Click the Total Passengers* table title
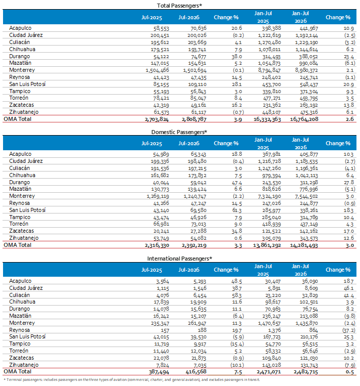coord(179,6)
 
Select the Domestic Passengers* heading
coord(179,132)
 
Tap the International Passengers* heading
coord(180,259)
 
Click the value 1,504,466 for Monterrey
coord(157,70)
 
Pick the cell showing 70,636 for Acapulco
coord(197,28)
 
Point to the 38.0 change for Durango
coord(236,57)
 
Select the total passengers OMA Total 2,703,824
coord(157,119)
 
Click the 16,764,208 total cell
coord(304,119)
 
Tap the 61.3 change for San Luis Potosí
coord(236,210)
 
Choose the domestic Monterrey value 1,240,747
coord(194,196)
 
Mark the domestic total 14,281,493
coord(304,245)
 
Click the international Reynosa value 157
coord(166,330)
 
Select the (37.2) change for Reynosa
coord(349,330)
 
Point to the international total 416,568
coord(196,372)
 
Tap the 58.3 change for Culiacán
coord(236,295)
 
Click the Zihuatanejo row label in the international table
coord(24,365)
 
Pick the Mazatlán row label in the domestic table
coord(20,189)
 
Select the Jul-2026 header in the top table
coord(189,18)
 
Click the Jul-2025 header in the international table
coord(151,270)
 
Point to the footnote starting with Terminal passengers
coord(132,380)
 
